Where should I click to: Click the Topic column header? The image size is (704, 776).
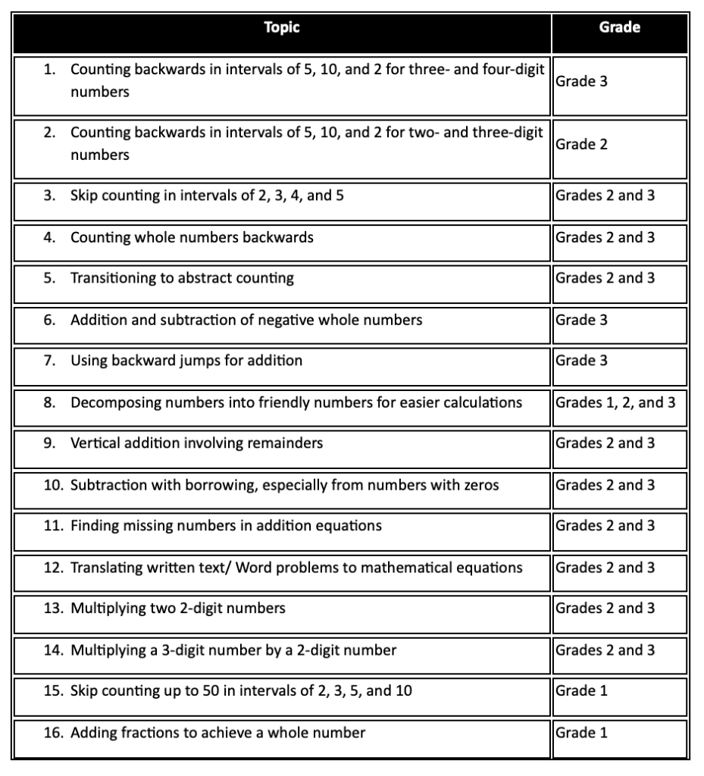click(x=282, y=28)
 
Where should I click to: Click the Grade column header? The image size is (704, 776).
click(x=619, y=28)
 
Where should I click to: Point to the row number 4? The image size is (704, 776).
click(x=49, y=237)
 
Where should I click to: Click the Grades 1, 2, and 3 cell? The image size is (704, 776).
click(x=615, y=402)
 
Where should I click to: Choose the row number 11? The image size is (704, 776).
click(x=52, y=526)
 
